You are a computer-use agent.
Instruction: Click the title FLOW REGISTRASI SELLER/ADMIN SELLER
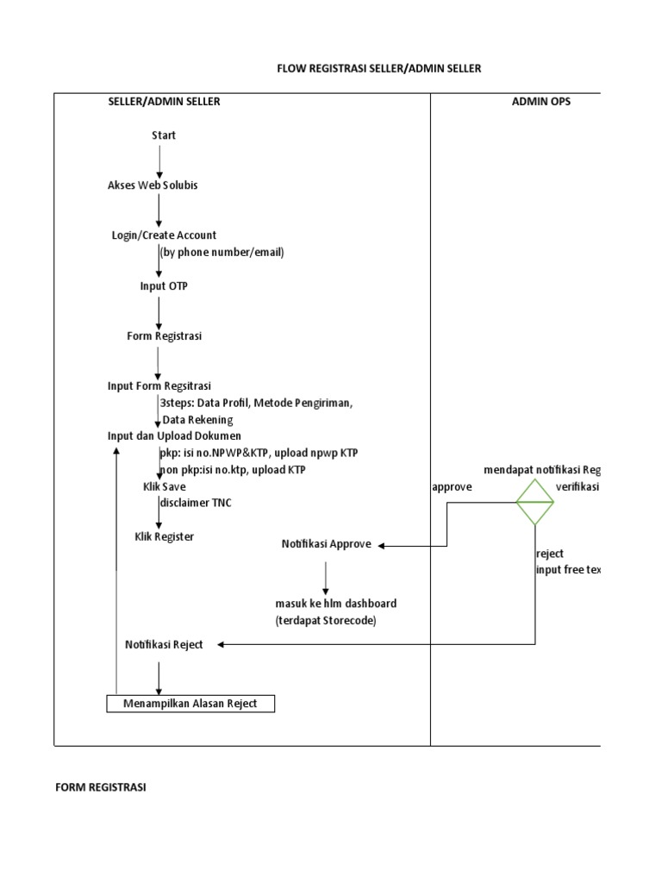(x=378, y=68)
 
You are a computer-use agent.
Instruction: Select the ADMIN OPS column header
(x=540, y=102)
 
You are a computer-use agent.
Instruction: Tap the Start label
(x=164, y=135)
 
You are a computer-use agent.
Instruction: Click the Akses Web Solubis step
(x=153, y=185)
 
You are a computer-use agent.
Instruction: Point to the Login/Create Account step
(x=164, y=235)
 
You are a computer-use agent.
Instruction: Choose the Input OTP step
(x=164, y=286)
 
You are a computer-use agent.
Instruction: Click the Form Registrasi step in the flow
(x=164, y=336)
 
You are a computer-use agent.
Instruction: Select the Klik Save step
(x=164, y=487)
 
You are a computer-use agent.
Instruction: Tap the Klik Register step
(x=164, y=537)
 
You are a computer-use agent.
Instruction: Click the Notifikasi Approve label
(x=327, y=545)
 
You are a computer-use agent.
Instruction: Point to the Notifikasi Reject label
(x=164, y=645)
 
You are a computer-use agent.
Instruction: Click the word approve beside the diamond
(x=452, y=487)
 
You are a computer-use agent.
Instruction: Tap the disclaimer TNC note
(x=196, y=504)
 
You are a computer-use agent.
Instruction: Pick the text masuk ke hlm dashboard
(x=336, y=604)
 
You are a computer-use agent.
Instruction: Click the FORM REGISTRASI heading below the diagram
(x=101, y=787)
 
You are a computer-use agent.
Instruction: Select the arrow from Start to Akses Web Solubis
(x=159, y=161)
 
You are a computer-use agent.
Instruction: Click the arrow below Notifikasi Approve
(x=326, y=577)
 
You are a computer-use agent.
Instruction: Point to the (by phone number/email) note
(x=222, y=253)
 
